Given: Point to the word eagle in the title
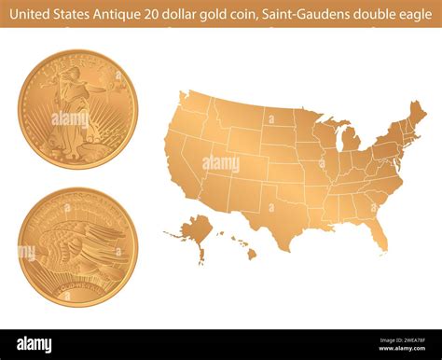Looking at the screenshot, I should click(x=416, y=12).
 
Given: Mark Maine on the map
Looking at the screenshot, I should click(x=417, y=115).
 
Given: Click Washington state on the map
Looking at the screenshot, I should click(x=194, y=101).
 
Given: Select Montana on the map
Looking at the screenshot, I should click(x=239, y=115).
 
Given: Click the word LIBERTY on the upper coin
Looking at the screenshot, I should click(x=75, y=65).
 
